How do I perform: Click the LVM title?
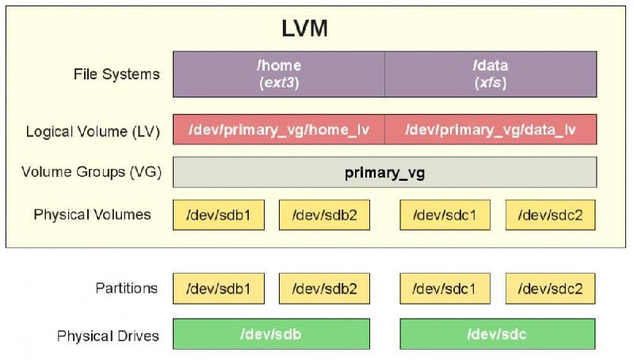[x=304, y=29]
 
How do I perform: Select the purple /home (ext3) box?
[x=279, y=74]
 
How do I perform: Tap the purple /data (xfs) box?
[x=491, y=74]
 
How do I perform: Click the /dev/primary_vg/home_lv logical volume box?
[x=279, y=129]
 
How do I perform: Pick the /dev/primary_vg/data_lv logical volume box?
[x=491, y=129]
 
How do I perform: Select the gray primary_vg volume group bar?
[x=384, y=172]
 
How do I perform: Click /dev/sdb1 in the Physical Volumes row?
[x=219, y=215]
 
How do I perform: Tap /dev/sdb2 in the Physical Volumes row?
[x=324, y=215]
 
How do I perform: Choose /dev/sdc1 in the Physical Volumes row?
[x=445, y=215]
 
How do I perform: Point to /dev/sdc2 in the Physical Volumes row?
[x=550, y=215]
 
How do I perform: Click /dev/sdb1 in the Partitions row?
[x=219, y=289]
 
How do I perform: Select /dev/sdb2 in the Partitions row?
[x=324, y=289]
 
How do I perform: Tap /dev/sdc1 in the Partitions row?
[x=445, y=289]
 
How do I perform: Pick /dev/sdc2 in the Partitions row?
[x=550, y=289]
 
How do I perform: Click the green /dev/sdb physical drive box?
[x=271, y=334]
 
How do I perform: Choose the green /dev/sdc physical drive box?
[x=498, y=334]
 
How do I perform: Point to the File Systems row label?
[x=116, y=75]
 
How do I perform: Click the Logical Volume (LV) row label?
[x=93, y=132]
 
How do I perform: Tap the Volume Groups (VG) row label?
[x=91, y=172]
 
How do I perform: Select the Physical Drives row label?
[x=108, y=335]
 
